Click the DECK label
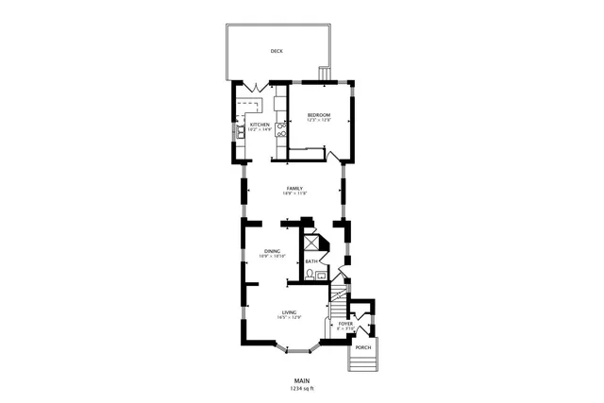(x=277, y=52)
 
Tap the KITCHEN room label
(x=260, y=124)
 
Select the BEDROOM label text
(x=320, y=115)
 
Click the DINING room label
(x=272, y=250)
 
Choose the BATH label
(x=310, y=261)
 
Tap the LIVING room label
(x=289, y=311)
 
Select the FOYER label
(x=346, y=324)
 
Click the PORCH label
(x=363, y=347)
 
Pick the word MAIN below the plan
(x=301, y=380)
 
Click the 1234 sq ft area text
(x=301, y=388)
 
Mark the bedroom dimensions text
(x=320, y=121)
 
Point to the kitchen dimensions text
(x=260, y=129)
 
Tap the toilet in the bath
(x=309, y=275)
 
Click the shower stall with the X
(x=310, y=243)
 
